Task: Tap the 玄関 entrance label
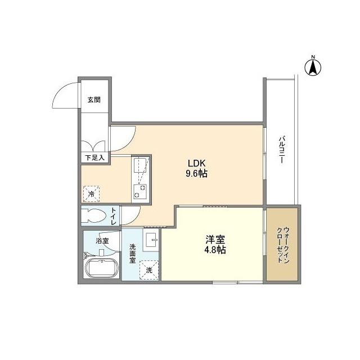93,100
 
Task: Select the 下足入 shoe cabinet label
94,158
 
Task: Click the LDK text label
197,163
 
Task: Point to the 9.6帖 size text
197,174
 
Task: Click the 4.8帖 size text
214,250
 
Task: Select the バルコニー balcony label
281,149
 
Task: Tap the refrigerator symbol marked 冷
91,194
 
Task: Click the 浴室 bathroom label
101,241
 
